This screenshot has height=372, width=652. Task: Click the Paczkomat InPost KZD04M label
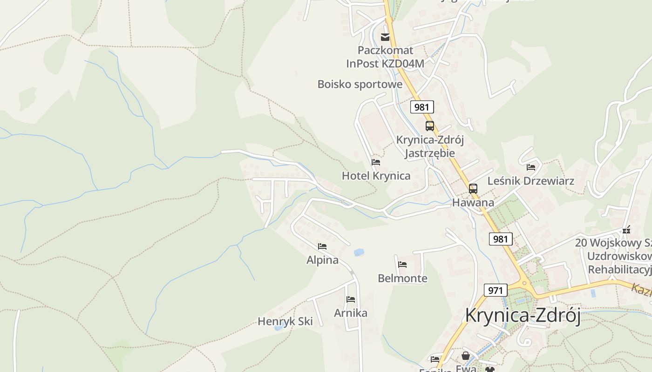click(x=385, y=57)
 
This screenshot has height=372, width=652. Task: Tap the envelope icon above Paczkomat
click(x=385, y=37)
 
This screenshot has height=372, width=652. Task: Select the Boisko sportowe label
click(x=360, y=84)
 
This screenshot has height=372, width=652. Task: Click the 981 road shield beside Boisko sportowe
click(x=422, y=107)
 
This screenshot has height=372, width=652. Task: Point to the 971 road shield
click(x=496, y=290)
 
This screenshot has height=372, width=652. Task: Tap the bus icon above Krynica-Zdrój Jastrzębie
click(x=429, y=126)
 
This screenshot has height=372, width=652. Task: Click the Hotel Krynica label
click(x=376, y=176)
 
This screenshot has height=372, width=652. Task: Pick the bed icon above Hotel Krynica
click(x=376, y=162)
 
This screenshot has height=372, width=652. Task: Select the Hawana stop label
click(x=473, y=203)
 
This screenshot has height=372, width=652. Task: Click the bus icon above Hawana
click(x=473, y=188)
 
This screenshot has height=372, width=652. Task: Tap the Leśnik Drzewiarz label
click(x=531, y=181)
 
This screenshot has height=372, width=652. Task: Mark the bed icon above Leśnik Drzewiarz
click(x=531, y=167)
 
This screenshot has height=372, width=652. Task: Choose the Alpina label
click(x=322, y=260)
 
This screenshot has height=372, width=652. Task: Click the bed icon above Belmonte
click(x=402, y=265)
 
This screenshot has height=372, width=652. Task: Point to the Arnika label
click(x=351, y=313)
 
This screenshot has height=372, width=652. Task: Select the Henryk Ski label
click(x=285, y=321)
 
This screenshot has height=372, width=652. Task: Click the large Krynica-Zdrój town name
click(x=523, y=316)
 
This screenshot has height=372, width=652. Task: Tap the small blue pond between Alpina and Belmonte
click(x=359, y=252)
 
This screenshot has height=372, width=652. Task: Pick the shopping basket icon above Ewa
click(x=465, y=356)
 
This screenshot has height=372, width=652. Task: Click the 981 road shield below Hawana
click(x=501, y=239)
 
